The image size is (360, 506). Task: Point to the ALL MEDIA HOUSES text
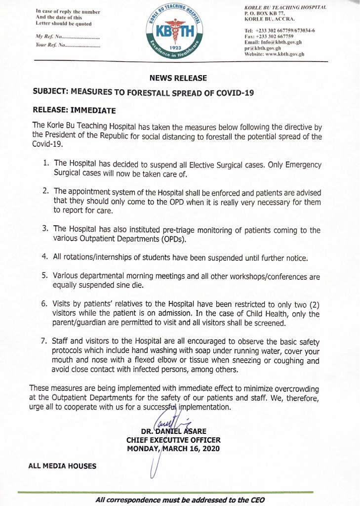tap(62, 465)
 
